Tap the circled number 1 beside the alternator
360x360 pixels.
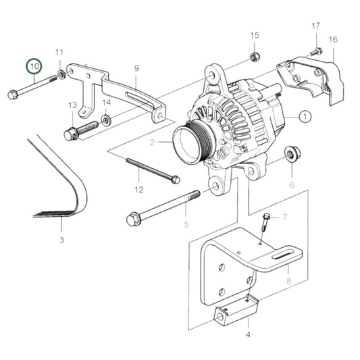(305, 116)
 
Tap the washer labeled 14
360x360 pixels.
(106, 121)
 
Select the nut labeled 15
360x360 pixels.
(253, 55)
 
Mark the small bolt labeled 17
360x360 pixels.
(317, 51)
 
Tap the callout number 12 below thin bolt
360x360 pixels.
(138, 190)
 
